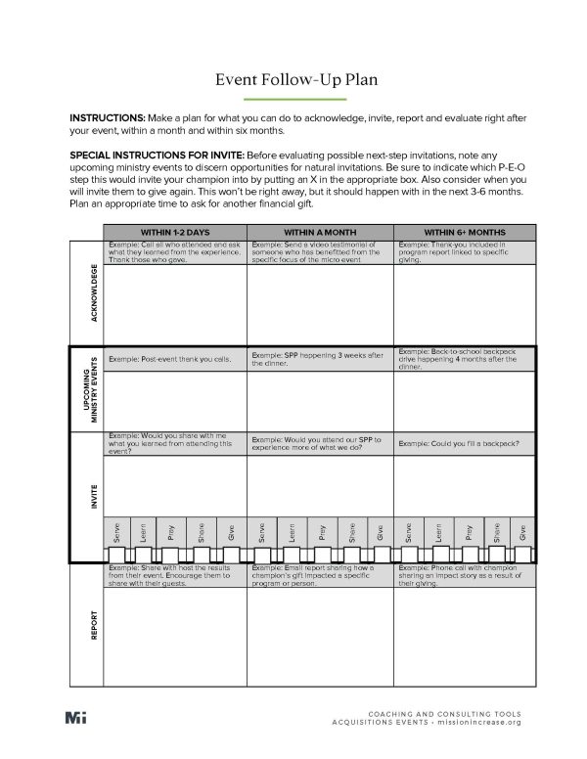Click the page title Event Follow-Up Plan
293,80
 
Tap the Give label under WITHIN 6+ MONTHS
522,532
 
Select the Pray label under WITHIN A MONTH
320,532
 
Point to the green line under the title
293,100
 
